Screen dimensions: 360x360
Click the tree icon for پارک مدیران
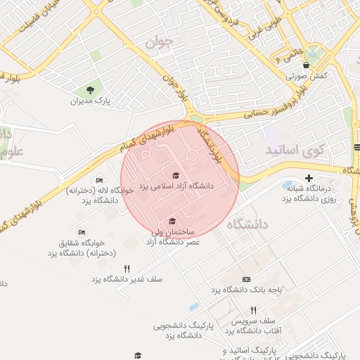91,89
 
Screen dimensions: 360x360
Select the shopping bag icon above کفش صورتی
306,65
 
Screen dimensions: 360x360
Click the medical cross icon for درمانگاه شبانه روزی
308,179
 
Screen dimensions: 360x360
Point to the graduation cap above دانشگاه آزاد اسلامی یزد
175,176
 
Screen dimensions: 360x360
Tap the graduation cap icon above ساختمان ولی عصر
172,221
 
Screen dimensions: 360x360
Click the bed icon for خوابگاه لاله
99,180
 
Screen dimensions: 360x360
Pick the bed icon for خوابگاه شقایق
82,233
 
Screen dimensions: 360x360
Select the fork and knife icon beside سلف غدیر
127,268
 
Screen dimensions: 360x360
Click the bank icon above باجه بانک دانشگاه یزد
245,279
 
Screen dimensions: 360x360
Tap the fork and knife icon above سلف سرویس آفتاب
253,310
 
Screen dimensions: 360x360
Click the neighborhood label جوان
159,43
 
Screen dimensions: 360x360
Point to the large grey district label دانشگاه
247,225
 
